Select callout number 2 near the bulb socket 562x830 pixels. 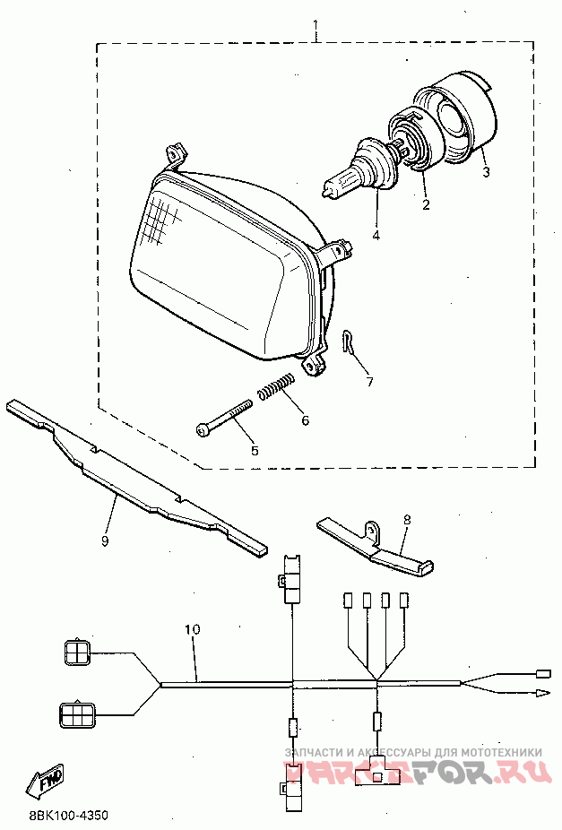426,204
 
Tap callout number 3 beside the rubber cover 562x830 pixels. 485,171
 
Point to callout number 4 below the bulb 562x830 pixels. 376,236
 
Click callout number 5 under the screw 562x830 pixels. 254,451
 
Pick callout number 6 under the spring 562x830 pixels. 305,419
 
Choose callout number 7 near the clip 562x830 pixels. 368,381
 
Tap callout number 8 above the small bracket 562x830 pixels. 406,519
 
